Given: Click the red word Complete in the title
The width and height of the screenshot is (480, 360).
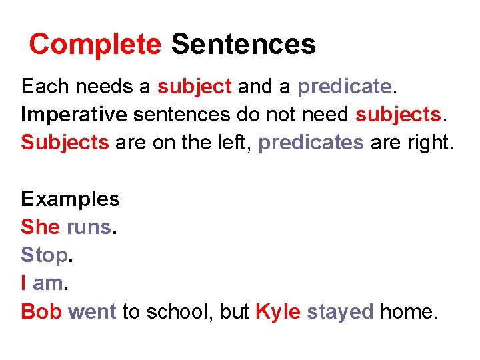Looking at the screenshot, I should [95, 45].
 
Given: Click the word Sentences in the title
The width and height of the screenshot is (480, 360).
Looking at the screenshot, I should [243, 45].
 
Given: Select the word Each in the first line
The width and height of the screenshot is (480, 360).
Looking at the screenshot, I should [45, 86].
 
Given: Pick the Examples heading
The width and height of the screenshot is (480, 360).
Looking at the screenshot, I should [70, 199].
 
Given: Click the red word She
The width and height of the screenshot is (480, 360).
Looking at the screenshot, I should [41, 227].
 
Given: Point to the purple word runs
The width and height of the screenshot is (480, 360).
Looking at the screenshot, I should [89, 227].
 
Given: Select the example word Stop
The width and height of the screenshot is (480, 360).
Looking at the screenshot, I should [44, 255].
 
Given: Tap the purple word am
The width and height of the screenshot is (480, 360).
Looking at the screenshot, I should [47, 283].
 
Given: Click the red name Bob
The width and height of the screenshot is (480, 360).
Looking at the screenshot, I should [41, 311].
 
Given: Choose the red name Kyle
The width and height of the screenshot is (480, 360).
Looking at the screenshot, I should [278, 311].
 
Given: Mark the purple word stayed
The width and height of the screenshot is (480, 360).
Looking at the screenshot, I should [340, 311].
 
